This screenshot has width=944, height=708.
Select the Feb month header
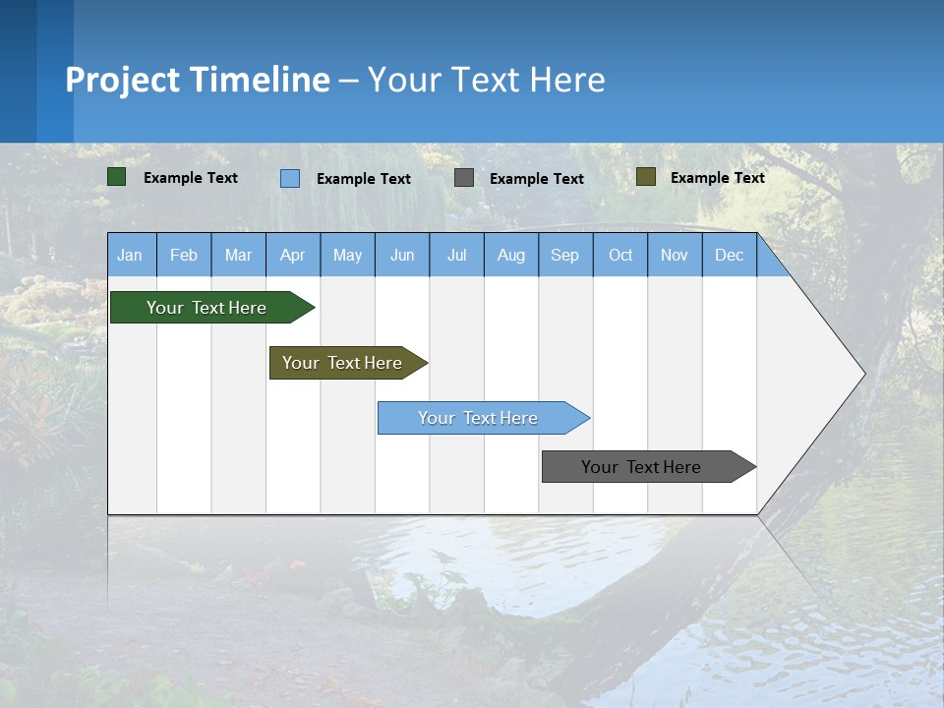coord(184,255)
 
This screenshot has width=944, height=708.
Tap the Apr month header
coord(293,255)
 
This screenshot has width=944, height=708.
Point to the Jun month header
coord(402,255)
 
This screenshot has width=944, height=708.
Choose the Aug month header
coord(511,255)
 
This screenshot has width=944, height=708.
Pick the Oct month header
coord(620,255)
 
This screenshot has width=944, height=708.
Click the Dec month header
coord(729,255)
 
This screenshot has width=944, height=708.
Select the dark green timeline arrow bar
coord(212,307)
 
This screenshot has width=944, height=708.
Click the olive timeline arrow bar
coord(348,363)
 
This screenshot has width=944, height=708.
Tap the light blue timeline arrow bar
coord(484,418)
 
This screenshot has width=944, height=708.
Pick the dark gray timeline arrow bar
coord(649,466)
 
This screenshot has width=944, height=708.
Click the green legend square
coord(116,177)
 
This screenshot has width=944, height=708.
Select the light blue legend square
coord(290,178)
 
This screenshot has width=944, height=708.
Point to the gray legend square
coord(463,178)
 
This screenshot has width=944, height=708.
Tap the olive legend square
coord(646,177)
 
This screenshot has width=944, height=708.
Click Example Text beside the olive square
coord(718,178)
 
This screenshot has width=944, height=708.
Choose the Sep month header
coord(565,255)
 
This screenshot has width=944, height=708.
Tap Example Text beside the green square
coord(190,178)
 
